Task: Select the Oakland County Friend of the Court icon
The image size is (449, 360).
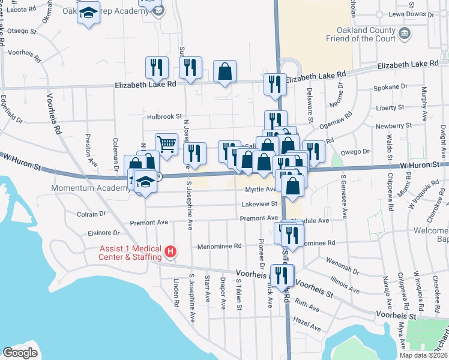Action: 405,32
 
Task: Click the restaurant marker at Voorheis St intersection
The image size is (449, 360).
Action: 282,275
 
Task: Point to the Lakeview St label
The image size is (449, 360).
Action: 260,204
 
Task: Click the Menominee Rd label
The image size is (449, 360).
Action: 220,246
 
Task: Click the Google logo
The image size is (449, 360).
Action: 20,352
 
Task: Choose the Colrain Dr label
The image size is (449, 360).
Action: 91,213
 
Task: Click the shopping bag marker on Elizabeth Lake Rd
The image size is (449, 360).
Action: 224,72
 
